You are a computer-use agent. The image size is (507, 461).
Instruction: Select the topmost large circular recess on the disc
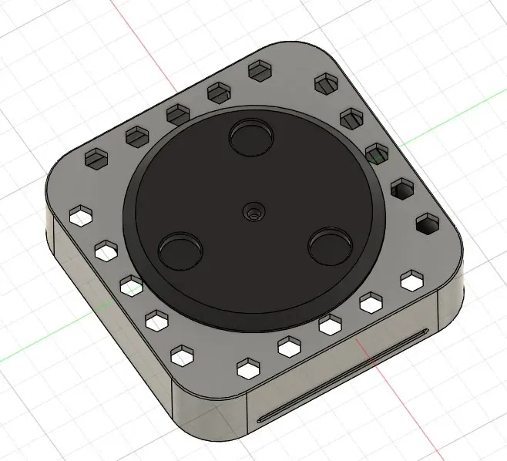pyautogui.click(x=251, y=137)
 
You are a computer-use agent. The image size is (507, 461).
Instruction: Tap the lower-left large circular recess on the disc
pyautogui.click(x=180, y=251)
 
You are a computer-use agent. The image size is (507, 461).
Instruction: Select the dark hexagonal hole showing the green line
pyautogui.click(x=377, y=153)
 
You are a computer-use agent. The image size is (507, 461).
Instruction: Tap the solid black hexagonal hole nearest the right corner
pyautogui.click(x=425, y=225)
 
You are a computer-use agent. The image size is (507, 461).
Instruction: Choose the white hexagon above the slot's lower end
pyautogui.click(x=248, y=367)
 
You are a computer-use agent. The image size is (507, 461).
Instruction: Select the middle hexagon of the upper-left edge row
pyautogui.click(x=178, y=114)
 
